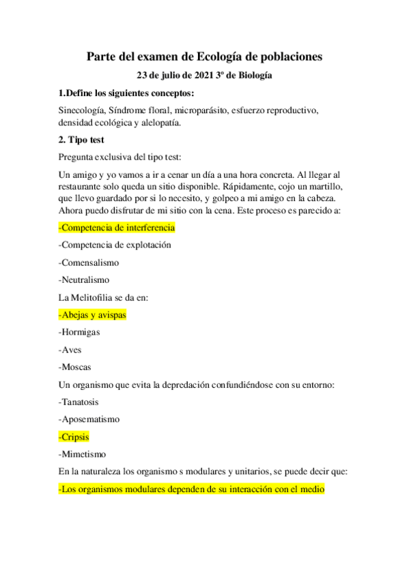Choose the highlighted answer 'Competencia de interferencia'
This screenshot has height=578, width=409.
click(117, 227)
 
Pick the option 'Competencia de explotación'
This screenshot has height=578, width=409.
click(115, 244)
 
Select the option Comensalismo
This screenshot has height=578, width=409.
click(89, 262)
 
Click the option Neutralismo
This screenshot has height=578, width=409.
click(84, 279)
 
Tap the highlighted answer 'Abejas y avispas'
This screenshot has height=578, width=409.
click(92, 315)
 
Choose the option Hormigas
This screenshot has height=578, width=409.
click(80, 332)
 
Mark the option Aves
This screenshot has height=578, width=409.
click(70, 350)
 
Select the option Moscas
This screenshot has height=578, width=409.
click(75, 367)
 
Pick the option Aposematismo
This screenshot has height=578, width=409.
click(89, 419)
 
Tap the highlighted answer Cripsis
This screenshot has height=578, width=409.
click(74, 437)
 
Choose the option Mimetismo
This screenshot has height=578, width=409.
click(83, 454)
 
